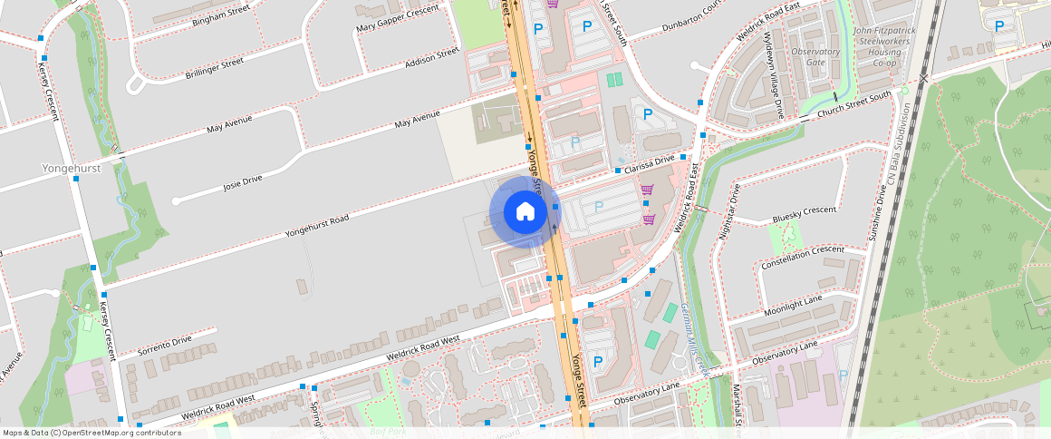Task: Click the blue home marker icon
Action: pos(525,212)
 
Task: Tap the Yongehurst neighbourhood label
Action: pos(72,168)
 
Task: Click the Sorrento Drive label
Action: pos(165,346)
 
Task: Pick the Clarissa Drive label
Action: pos(650,161)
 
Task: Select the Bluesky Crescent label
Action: pos(804,215)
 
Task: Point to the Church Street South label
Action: pos(854,105)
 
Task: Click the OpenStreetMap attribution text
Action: pos(91,433)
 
